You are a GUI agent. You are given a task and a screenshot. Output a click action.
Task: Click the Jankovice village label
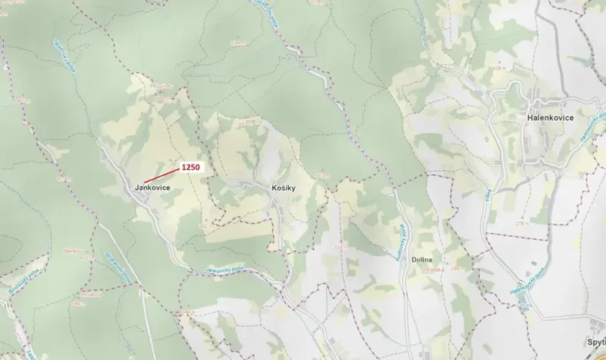[x=152, y=188]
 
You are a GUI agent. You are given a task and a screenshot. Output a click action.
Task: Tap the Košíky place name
[x=284, y=188]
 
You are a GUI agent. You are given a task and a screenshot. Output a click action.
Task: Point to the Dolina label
[x=423, y=260]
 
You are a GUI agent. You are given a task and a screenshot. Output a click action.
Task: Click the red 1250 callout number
[x=191, y=167]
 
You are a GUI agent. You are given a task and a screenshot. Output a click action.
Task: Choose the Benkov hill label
[x=74, y=251]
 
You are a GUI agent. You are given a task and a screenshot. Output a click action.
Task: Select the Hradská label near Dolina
[x=434, y=269]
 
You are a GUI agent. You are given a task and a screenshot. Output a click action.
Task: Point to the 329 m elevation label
[x=500, y=68]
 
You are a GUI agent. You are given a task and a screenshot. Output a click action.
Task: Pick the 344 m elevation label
[x=245, y=122]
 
